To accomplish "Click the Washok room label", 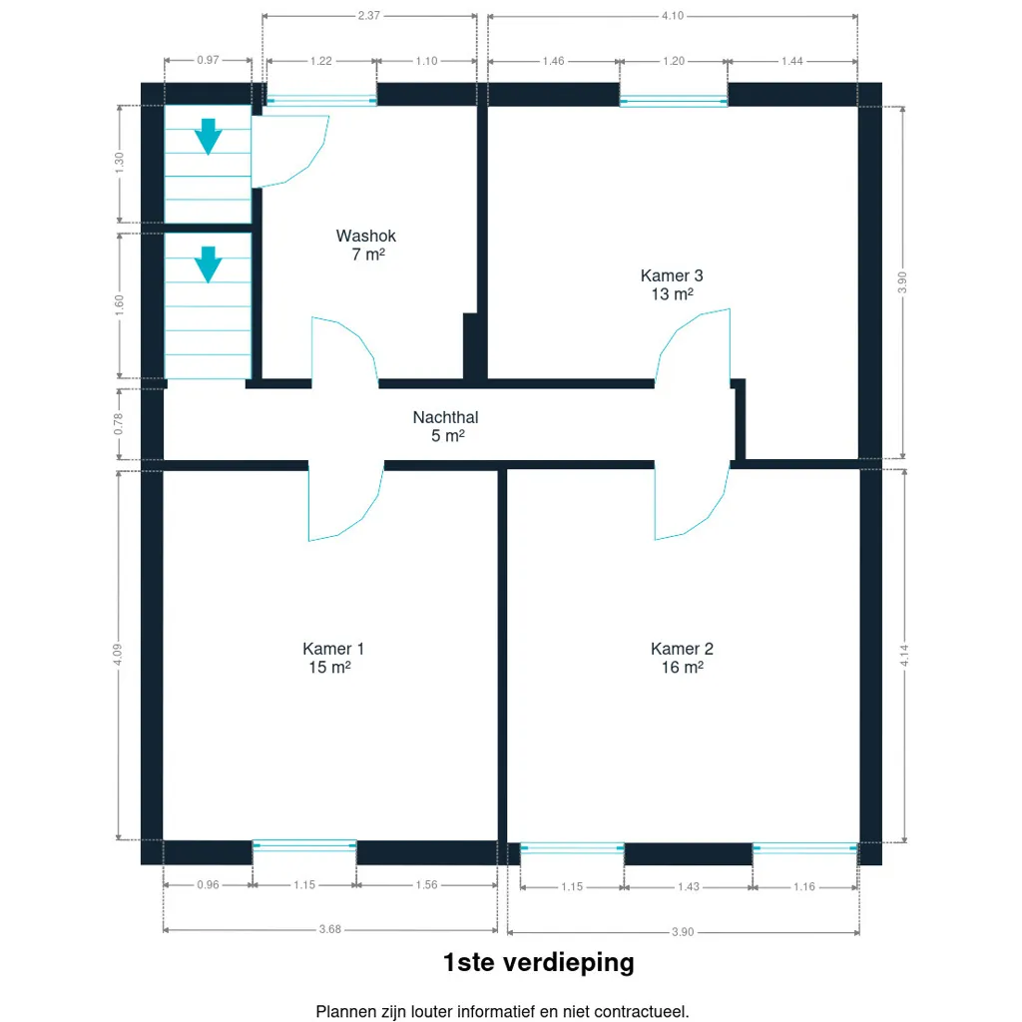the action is (365, 236).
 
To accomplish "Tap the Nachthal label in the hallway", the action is (446, 417).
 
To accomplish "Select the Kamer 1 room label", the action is (333, 649).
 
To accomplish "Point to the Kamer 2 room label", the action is (682, 649).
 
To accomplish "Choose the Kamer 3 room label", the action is (672, 275).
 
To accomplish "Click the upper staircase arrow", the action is (208, 136).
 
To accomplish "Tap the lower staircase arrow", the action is (208, 263).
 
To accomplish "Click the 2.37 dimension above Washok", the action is (369, 16).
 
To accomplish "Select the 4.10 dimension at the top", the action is (673, 16).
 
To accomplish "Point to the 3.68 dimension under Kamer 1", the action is (329, 929).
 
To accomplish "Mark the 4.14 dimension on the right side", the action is (904, 655).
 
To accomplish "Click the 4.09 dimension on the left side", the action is (118, 655).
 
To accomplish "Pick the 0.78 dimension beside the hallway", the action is (118, 423).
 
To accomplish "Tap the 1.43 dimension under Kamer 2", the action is (689, 886).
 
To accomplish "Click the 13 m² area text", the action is (672, 294).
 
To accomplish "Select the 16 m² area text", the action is (683, 667).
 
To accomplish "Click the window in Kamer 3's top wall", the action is (674, 101).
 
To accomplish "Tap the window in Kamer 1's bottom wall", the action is (304, 846).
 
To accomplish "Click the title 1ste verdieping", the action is (538, 962).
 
